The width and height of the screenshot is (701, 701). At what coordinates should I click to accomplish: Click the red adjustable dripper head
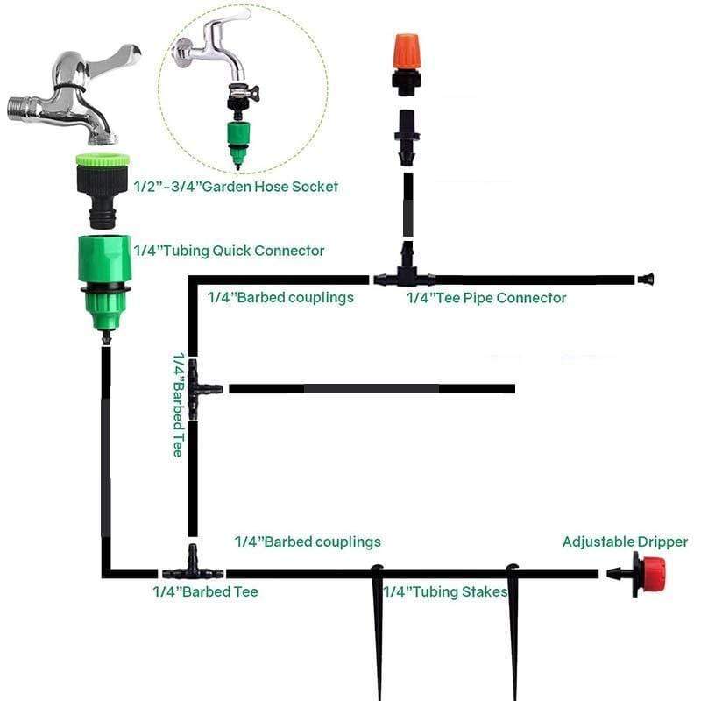tap(652, 574)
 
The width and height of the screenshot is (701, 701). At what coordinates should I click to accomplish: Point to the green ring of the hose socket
tap(103, 161)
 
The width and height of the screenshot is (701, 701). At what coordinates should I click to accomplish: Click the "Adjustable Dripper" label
tap(625, 542)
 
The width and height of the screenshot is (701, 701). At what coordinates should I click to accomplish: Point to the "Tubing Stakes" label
tap(445, 592)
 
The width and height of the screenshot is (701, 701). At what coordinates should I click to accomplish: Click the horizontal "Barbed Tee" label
tap(205, 592)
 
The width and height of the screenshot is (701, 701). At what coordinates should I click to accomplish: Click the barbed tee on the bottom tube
tap(191, 570)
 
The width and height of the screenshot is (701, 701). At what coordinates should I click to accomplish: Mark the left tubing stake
tap(379, 631)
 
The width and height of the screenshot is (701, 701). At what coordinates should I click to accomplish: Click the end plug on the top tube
tap(646, 280)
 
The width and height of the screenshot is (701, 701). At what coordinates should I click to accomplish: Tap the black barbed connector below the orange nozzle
tap(406, 136)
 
